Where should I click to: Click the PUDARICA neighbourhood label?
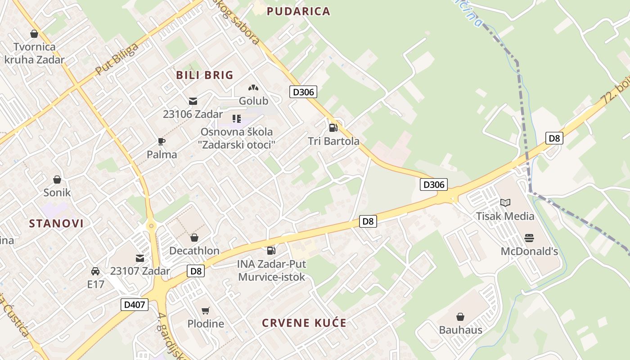(299, 12)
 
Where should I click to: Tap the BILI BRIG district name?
(205, 75)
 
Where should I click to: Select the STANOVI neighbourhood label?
(57, 223)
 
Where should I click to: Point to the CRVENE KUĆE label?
(304, 323)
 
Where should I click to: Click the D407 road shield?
(135, 305)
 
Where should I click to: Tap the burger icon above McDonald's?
(529, 238)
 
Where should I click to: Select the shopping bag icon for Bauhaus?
(460, 317)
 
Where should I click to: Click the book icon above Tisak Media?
(505, 202)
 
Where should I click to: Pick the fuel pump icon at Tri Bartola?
(333, 128)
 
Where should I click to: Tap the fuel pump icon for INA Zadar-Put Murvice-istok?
(271, 250)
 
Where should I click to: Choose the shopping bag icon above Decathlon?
(194, 238)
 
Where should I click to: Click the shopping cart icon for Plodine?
(206, 310)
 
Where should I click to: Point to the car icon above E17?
(95, 271)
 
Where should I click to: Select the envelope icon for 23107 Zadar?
(140, 258)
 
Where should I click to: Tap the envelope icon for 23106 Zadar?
(193, 101)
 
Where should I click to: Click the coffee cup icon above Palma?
(162, 141)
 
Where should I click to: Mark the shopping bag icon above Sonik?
(57, 180)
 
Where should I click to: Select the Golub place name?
(253, 101)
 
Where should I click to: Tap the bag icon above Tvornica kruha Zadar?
(34, 34)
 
